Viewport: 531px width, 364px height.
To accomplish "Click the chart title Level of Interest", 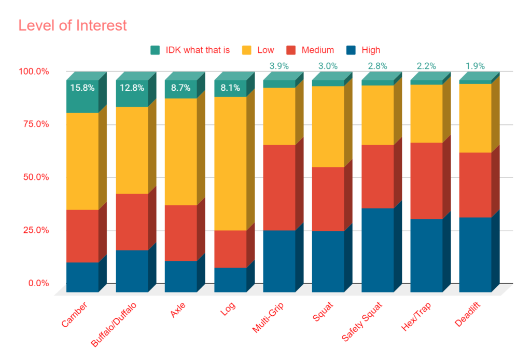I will coord(73,25).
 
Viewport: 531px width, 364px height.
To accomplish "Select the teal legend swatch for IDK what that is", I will coord(155,50).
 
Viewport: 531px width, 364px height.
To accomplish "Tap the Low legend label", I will coord(265,50).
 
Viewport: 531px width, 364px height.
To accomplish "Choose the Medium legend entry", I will coord(317,50).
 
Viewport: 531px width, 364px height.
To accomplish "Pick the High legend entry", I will coord(371,50).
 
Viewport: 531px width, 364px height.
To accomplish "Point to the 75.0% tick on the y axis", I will coord(34,124).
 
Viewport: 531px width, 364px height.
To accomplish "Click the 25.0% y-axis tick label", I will coord(34,230).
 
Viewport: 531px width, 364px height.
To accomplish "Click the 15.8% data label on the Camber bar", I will coord(82,88).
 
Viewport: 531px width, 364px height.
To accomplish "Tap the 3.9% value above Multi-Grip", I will coord(278,66).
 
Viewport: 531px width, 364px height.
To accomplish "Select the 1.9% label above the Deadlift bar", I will coord(475,66).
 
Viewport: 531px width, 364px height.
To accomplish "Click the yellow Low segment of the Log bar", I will coord(230,163).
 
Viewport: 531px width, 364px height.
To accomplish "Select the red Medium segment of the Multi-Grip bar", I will coord(278,187).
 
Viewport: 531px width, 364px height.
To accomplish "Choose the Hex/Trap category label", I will coord(417,319).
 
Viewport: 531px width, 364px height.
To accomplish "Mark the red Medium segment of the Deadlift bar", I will coord(475,185).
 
